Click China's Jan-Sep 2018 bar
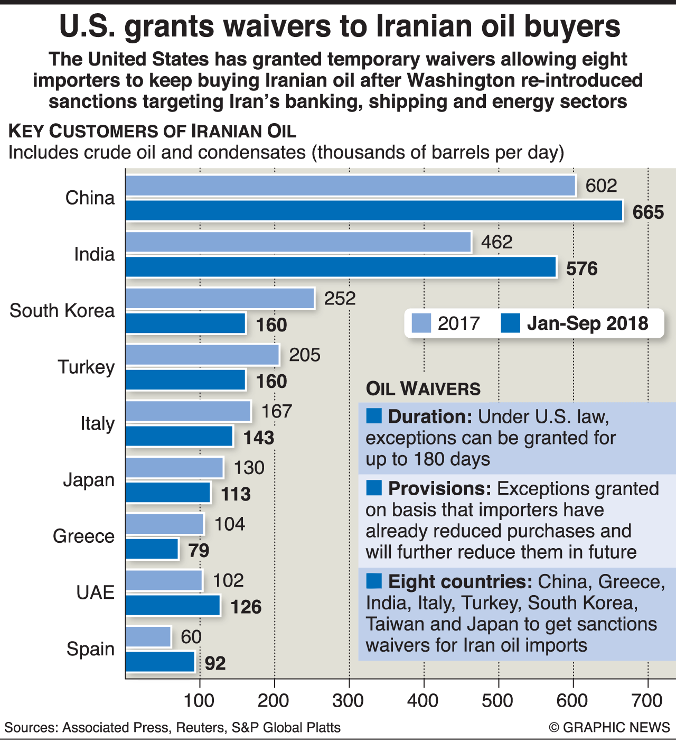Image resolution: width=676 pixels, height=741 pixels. pos(374,210)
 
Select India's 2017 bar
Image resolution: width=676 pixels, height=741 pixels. pos(298,242)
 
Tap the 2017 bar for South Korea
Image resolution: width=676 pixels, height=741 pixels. pos(220,299)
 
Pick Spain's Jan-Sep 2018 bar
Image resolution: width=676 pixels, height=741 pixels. pos(160,662)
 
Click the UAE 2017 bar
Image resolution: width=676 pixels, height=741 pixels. pos(164,580)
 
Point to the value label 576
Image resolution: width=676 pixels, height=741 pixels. pos(581,268)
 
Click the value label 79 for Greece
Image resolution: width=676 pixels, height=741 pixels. pos(199,551)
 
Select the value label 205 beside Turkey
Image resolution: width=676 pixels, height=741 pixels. pos(305,355)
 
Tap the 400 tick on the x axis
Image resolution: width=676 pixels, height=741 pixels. pos(424,701)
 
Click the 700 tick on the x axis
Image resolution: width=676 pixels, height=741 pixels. pos(647,701)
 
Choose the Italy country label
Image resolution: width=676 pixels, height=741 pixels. pos(97,423)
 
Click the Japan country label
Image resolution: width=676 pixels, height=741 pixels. pos(89,480)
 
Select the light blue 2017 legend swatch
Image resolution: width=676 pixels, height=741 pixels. pos(421,323)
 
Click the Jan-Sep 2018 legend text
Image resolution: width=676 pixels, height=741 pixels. pos(587,323)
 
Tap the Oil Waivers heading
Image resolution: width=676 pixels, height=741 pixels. pos(423,389)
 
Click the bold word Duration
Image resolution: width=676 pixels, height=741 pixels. pos(430,416)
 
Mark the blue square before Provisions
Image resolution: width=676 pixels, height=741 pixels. pos(373,488)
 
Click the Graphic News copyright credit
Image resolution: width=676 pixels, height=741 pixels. pos(609,728)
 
